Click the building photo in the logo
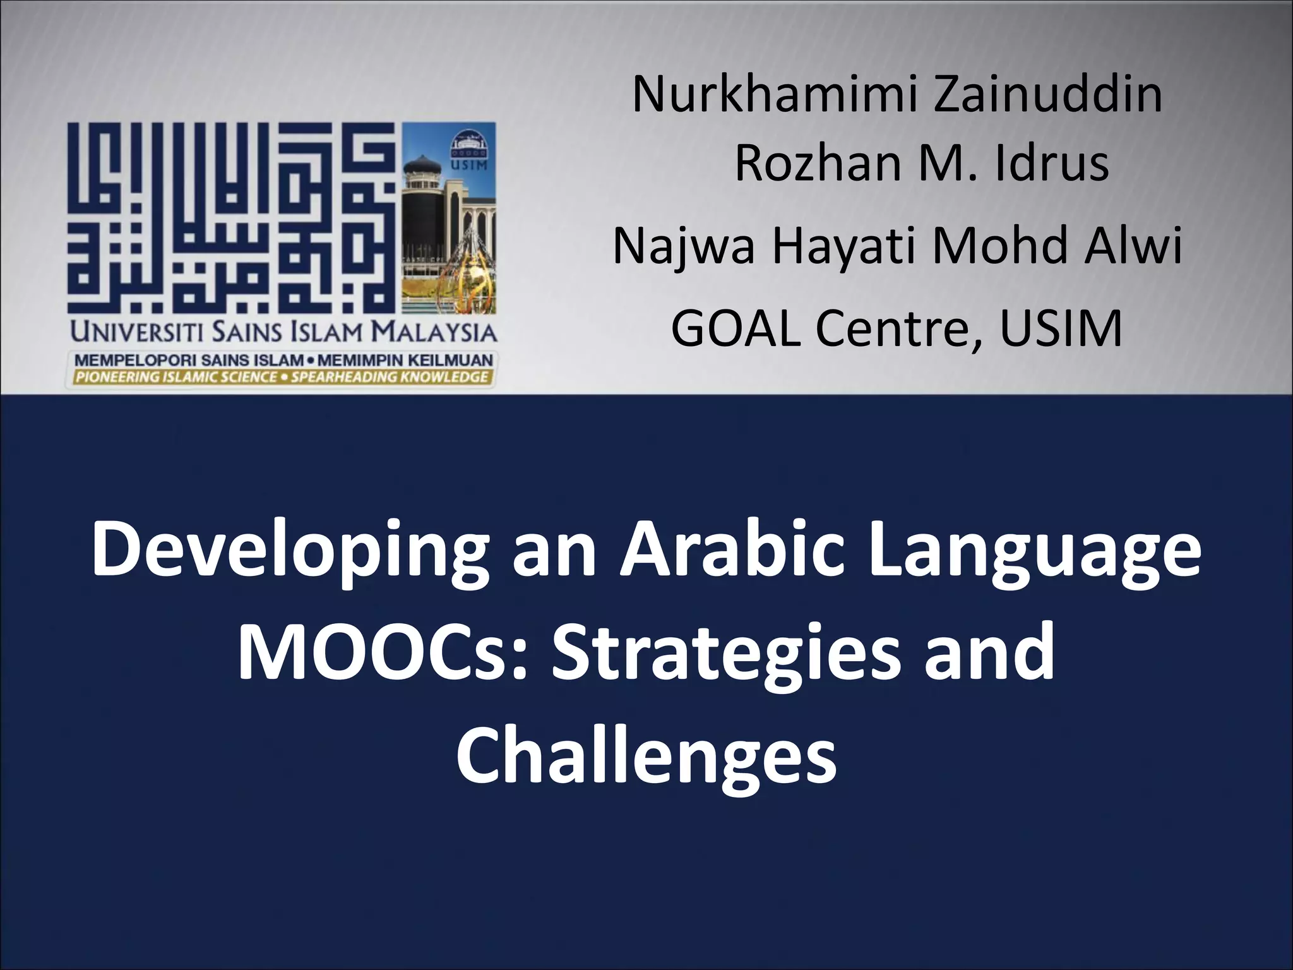[449, 218]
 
